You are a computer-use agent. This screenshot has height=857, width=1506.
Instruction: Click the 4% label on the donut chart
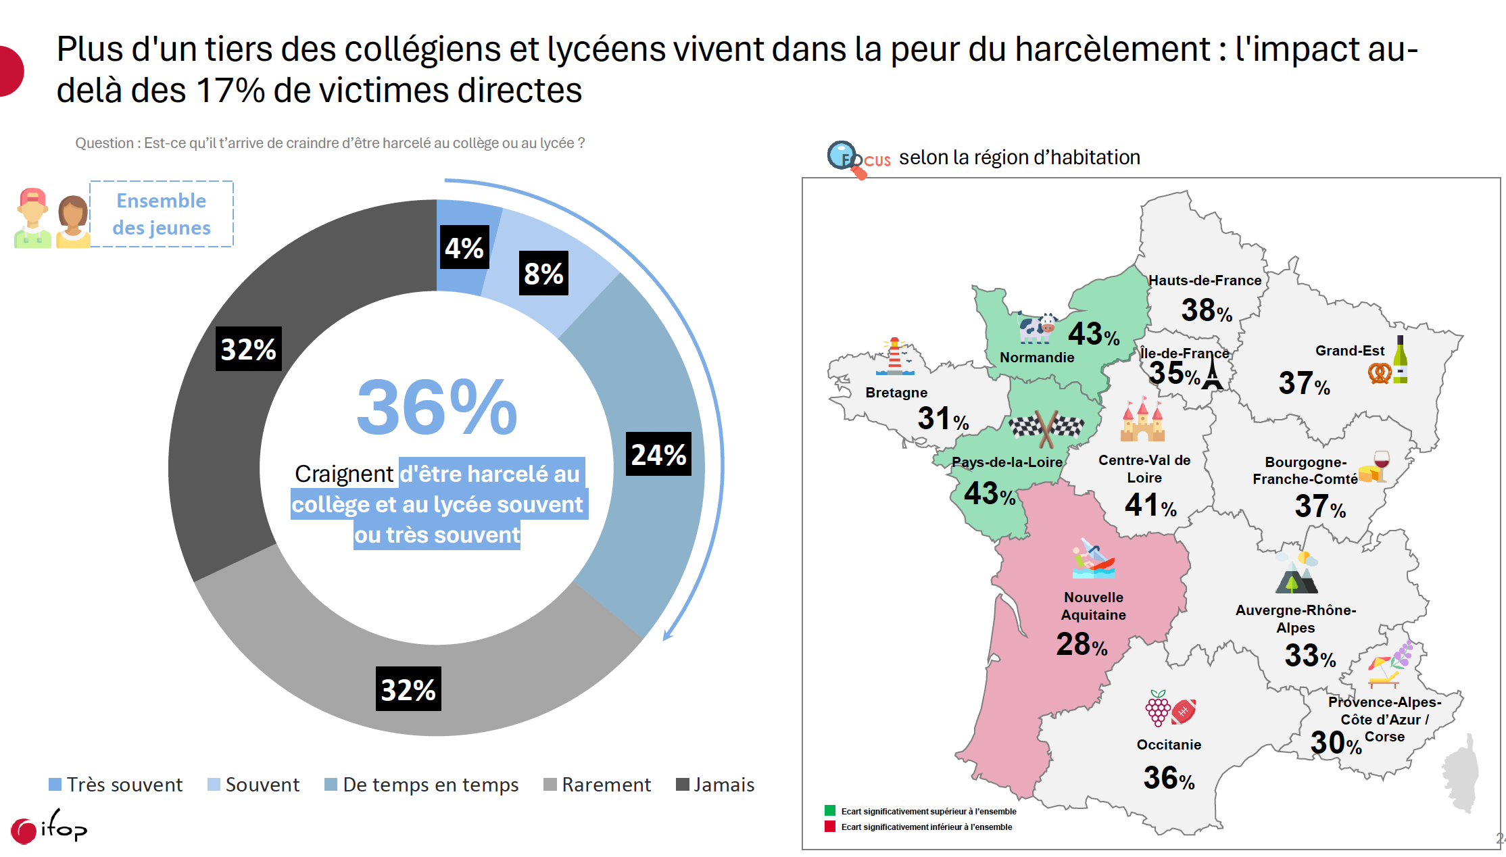click(x=464, y=247)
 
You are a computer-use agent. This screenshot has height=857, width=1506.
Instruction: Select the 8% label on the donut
click(x=543, y=273)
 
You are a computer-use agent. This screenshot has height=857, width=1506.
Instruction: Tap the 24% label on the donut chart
click(x=658, y=454)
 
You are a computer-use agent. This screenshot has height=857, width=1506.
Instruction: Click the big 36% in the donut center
click(x=437, y=408)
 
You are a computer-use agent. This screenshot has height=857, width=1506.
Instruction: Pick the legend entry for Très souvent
click(x=116, y=785)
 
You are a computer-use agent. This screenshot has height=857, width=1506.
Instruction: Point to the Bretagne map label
click(x=896, y=393)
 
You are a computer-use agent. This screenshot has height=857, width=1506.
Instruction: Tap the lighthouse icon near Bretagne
click(x=895, y=356)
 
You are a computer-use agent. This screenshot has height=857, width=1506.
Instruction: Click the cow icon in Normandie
click(x=1037, y=328)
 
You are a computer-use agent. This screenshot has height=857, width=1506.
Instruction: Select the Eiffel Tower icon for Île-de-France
click(x=1212, y=373)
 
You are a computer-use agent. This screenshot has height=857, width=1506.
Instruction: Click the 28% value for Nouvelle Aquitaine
click(x=1082, y=644)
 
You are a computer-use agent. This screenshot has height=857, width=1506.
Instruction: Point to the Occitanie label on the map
click(x=1169, y=745)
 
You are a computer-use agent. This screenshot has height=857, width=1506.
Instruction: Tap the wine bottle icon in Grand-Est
click(x=1400, y=360)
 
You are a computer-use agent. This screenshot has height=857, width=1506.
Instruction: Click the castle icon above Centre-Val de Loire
click(x=1142, y=420)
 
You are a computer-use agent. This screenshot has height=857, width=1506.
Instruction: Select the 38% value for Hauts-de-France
click(x=1207, y=310)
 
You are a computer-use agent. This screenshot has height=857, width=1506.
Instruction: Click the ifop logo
click(x=49, y=827)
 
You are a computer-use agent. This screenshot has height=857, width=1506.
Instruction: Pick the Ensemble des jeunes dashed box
click(x=162, y=214)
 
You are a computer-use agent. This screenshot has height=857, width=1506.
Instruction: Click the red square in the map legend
click(x=830, y=827)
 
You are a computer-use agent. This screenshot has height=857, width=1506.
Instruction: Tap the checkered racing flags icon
click(x=1046, y=428)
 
